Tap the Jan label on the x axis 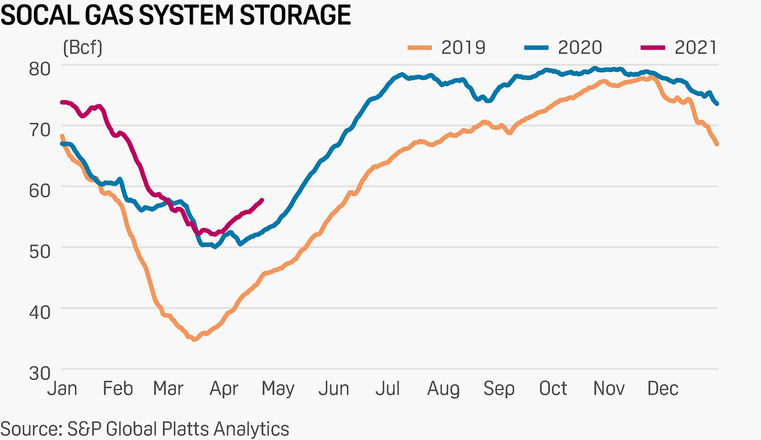(62, 389)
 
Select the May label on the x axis (278, 389)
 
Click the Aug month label (444, 389)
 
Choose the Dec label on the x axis (662, 389)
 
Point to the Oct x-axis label (553, 389)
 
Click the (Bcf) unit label (82, 48)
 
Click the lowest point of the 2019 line (193, 339)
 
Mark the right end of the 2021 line (262, 200)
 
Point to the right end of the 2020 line (717, 103)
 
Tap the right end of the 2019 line (718, 144)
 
